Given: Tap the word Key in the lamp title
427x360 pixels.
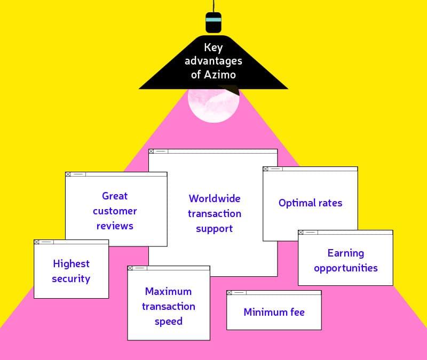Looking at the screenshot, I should (213, 48).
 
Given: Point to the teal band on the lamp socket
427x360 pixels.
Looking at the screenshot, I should (213, 19).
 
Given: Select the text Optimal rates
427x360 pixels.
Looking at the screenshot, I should (310, 203).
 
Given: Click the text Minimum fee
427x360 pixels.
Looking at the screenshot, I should (274, 312).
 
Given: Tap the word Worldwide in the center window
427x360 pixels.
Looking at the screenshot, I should (215, 198).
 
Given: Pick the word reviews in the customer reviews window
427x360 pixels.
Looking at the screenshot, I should (115, 226).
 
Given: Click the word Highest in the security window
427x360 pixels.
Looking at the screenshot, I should (71, 263).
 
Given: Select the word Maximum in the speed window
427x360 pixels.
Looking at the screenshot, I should (168, 291).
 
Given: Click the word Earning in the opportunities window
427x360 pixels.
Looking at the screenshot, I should (345, 253).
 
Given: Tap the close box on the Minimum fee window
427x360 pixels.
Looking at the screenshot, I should (230, 293).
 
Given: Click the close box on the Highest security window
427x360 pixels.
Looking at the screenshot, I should (37, 242).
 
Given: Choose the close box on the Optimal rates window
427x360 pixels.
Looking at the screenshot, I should (266, 169).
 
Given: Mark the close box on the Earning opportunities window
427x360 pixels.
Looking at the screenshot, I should (301, 233).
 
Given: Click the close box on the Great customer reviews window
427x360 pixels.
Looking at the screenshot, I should (68, 174).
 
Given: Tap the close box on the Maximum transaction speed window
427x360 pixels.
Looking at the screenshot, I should (130, 268).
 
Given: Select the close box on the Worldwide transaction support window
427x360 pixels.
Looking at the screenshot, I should (152, 151).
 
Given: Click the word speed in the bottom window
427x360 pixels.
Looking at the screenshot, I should (168, 321).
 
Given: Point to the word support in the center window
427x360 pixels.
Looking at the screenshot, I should (215, 228).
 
